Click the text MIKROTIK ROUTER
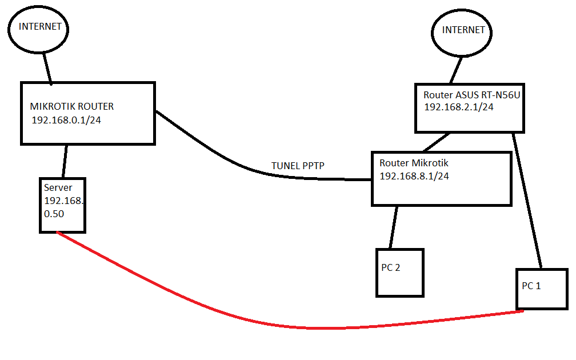[71, 106]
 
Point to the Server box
[63, 205]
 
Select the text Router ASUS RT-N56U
[471, 95]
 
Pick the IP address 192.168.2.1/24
[458, 107]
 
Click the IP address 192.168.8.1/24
[414, 176]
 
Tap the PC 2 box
[400, 273]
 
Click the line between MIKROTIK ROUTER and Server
[65, 161]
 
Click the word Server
[58, 187]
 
